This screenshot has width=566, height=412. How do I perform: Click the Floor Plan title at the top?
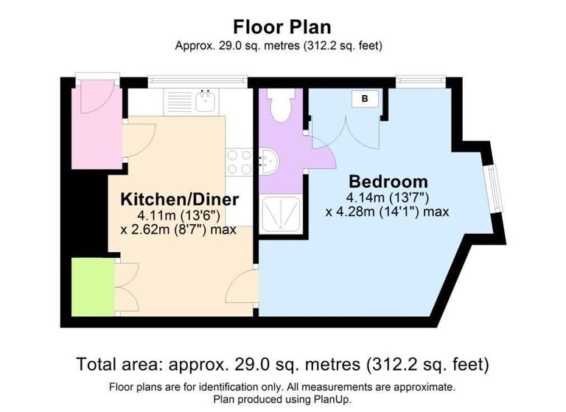[x=282, y=27]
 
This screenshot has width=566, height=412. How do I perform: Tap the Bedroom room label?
[x=388, y=181]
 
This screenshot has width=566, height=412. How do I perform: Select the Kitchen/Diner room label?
[x=180, y=200]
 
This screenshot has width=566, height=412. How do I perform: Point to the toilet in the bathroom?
[x=280, y=106]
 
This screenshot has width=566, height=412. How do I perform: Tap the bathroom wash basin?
[x=268, y=161]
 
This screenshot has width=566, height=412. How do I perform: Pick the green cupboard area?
[x=92, y=287]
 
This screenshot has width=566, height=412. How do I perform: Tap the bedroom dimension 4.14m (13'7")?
[x=388, y=198]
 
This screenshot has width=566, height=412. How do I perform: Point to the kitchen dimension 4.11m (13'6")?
[x=179, y=215]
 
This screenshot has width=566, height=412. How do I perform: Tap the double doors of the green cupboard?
[x=125, y=287]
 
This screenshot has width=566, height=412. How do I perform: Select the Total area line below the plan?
[x=282, y=364]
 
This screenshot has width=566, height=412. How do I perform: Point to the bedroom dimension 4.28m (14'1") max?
[x=388, y=212]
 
